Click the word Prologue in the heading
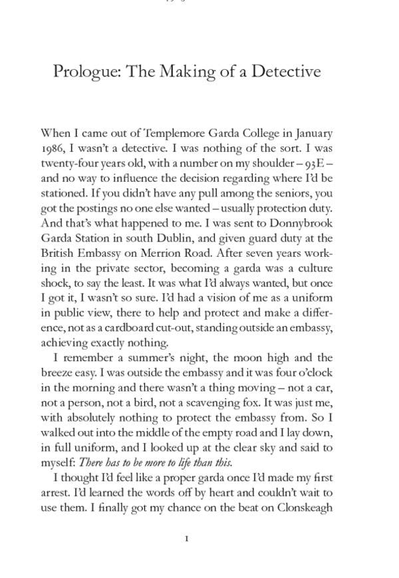(86, 72)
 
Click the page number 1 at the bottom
(187, 538)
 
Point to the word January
(311, 133)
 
